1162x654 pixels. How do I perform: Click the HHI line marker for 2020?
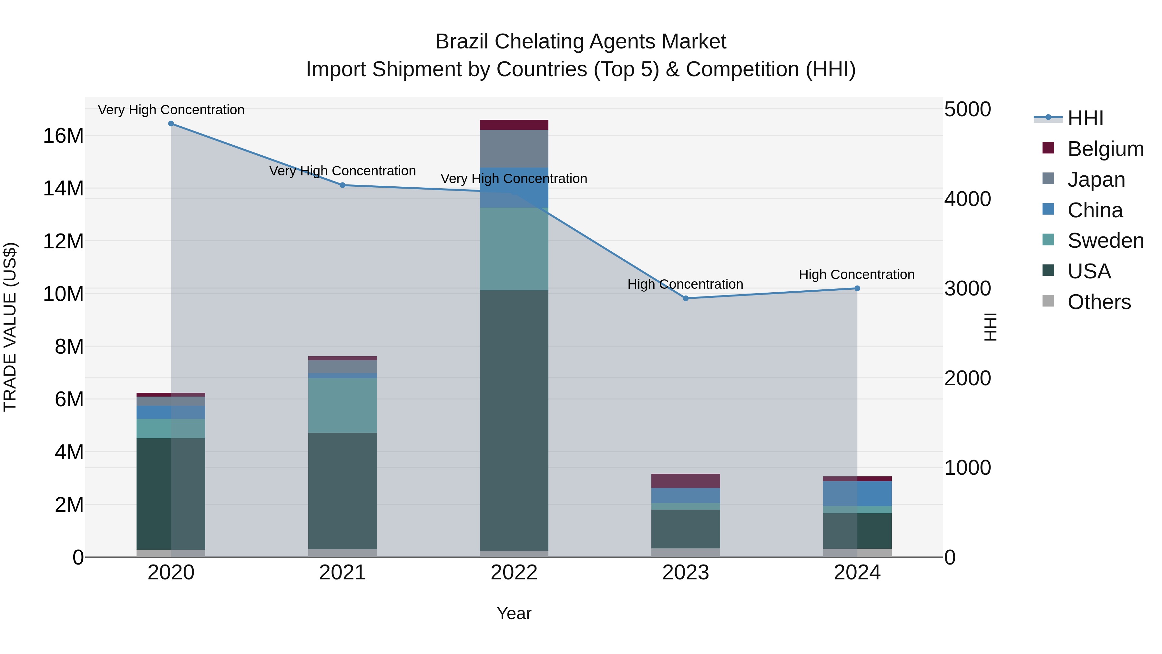pyautogui.click(x=171, y=124)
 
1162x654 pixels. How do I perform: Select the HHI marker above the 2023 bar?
pyautogui.click(x=686, y=298)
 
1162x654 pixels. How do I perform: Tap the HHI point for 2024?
pyautogui.click(x=857, y=288)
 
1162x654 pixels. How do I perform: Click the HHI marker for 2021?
pyautogui.click(x=342, y=185)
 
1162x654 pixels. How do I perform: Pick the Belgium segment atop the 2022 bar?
pyautogui.click(x=514, y=125)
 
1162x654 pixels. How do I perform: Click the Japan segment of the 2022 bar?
pyautogui.click(x=514, y=149)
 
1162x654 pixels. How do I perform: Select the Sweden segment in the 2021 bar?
pyautogui.click(x=342, y=405)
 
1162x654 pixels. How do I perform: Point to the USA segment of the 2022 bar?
pyautogui.click(x=514, y=420)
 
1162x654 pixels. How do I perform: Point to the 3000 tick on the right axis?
pyautogui.click(x=968, y=289)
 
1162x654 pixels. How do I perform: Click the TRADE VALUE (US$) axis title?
pyautogui.click(x=10, y=327)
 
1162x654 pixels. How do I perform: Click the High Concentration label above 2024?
pyautogui.click(x=857, y=275)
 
